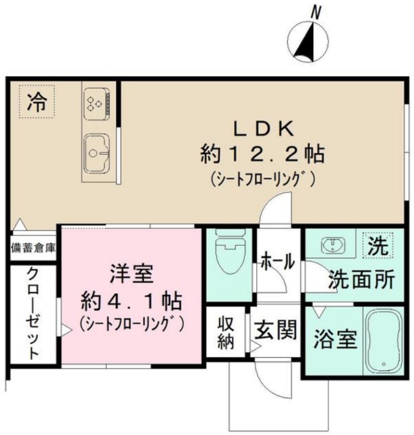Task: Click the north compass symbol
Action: pos(308,42)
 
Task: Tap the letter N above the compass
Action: pos(316,13)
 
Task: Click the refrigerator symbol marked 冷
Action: pos(36,102)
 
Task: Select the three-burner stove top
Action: pos(96,104)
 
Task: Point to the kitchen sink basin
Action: pos(97,153)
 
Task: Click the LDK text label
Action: pos(264,129)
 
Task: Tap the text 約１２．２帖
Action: pos(263,154)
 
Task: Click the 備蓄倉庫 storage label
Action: pos(33,248)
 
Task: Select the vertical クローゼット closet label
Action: pos(33,313)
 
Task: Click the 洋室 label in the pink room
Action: pos(132,274)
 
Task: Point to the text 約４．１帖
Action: pos(131,301)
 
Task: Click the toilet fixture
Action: pos(230,251)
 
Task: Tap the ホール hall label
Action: pos(278,261)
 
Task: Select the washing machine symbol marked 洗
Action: pos(378,245)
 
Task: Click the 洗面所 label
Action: pos(361,279)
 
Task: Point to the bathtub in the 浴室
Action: pos(384,341)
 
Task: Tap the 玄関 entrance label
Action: pos(275,330)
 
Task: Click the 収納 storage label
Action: pos(226,332)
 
